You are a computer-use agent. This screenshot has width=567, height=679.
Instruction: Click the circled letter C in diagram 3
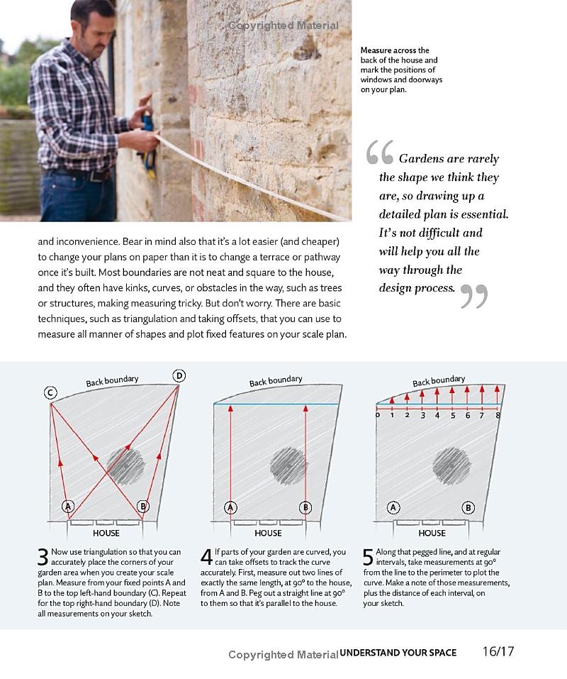click(x=50, y=392)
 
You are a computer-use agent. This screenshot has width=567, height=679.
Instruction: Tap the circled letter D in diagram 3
click(x=179, y=375)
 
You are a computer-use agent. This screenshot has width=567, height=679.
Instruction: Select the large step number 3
click(x=44, y=557)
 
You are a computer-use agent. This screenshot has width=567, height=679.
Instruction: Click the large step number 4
click(x=206, y=557)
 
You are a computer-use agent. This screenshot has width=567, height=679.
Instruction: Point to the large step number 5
click(x=369, y=557)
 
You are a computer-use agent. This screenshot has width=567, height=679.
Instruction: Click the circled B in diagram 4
click(x=305, y=507)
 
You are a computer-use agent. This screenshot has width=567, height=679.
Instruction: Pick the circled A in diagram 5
click(x=393, y=507)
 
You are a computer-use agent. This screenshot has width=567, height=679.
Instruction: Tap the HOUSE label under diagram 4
click(x=268, y=533)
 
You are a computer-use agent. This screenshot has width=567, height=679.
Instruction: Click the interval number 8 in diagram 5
click(x=498, y=415)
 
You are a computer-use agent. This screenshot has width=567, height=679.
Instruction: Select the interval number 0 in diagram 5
click(x=378, y=415)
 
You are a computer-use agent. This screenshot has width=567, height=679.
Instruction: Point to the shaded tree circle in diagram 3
click(x=125, y=465)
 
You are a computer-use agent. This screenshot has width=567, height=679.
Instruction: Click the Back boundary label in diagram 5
click(x=439, y=381)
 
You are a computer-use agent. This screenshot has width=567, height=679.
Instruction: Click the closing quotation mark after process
click(x=474, y=296)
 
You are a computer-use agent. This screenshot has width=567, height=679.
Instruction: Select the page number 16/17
click(x=498, y=651)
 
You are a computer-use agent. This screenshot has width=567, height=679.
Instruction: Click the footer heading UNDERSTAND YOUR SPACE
click(x=398, y=653)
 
